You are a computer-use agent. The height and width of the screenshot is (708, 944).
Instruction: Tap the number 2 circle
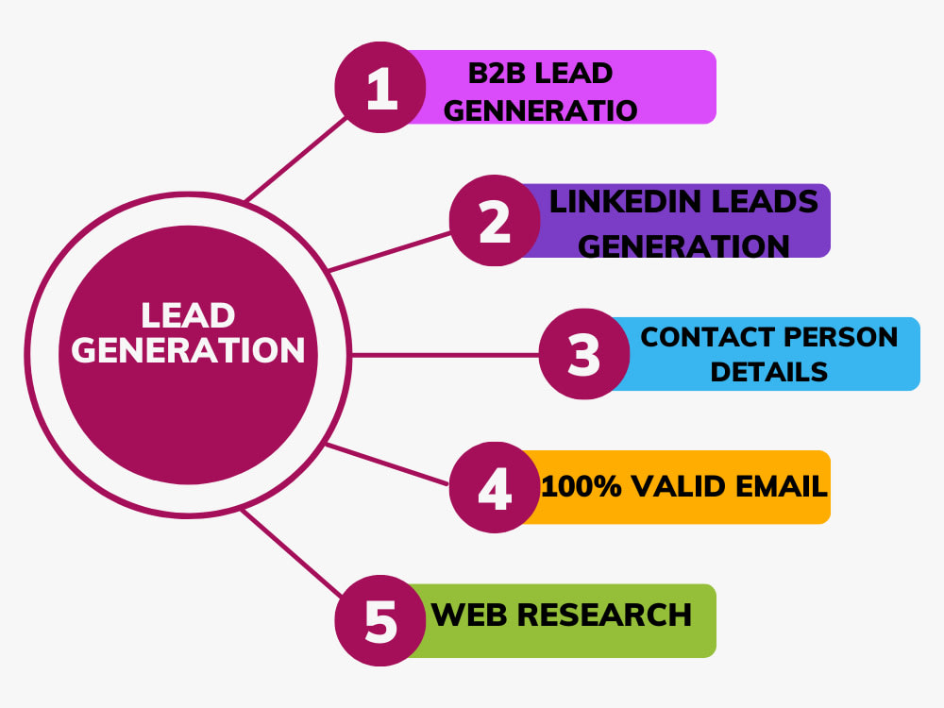(494, 222)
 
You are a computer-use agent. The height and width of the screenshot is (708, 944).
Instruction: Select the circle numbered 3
(584, 355)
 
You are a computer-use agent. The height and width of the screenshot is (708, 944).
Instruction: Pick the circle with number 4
(494, 488)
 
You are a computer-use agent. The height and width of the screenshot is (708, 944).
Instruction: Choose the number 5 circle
(381, 621)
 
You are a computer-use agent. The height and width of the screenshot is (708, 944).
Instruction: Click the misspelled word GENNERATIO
(540, 110)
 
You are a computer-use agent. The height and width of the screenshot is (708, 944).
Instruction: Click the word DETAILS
(768, 371)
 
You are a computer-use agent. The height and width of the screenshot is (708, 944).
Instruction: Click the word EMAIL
(778, 487)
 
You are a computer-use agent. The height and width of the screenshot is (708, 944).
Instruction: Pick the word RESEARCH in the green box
(604, 615)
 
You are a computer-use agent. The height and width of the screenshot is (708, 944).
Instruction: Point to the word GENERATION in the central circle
(189, 350)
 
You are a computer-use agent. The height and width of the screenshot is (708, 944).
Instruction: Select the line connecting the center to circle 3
(444, 355)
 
